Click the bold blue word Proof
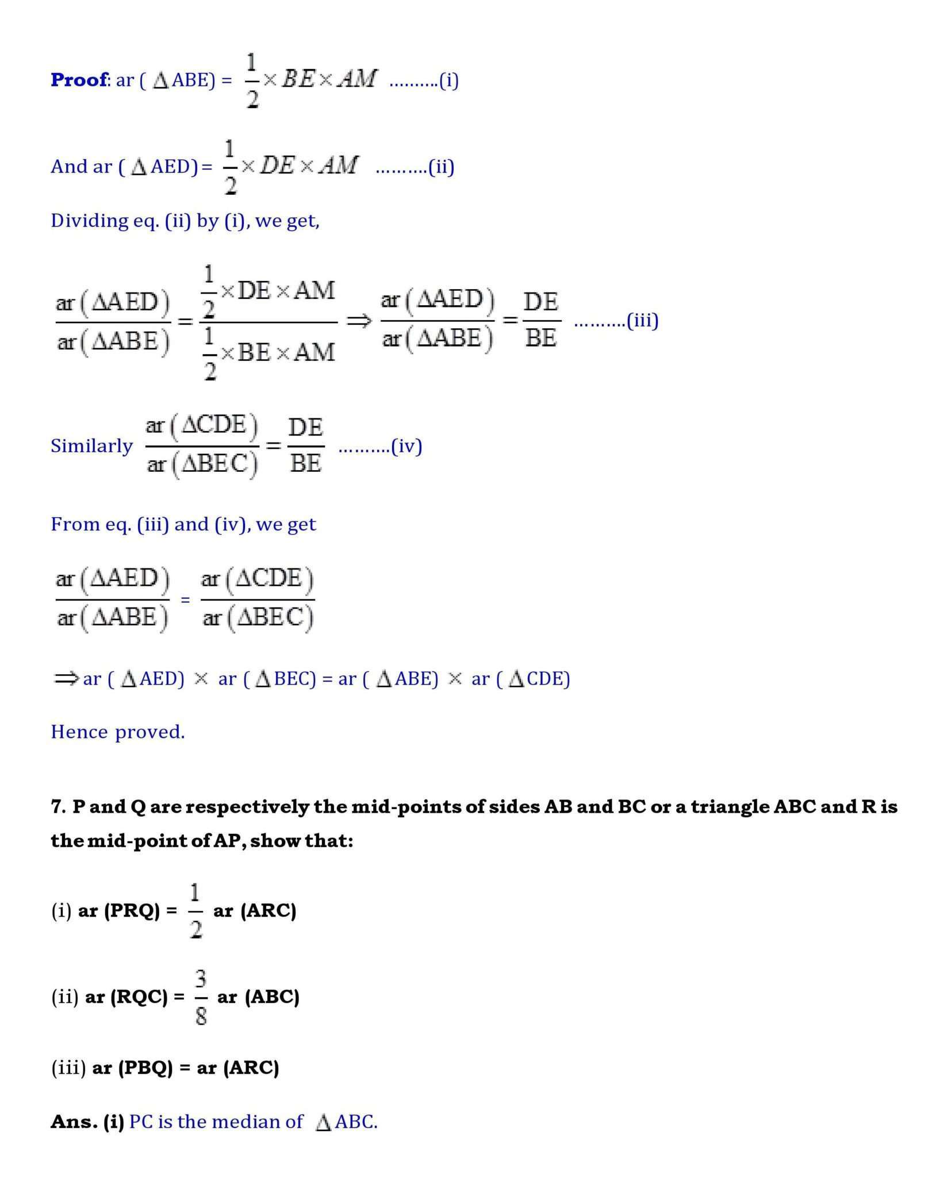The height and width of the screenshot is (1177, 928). click(x=79, y=79)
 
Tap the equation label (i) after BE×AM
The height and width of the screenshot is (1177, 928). click(x=448, y=80)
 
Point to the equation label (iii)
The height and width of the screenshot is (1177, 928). click(x=642, y=320)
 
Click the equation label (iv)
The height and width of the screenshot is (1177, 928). click(x=407, y=446)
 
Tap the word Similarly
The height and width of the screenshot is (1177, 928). click(x=91, y=446)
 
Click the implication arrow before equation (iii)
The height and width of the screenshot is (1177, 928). click(x=359, y=321)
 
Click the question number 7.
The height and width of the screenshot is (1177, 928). click(x=57, y=807)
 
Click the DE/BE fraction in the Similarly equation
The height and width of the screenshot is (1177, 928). click(x=305, y=445)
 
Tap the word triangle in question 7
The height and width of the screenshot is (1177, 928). click(x=729, y=807)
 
